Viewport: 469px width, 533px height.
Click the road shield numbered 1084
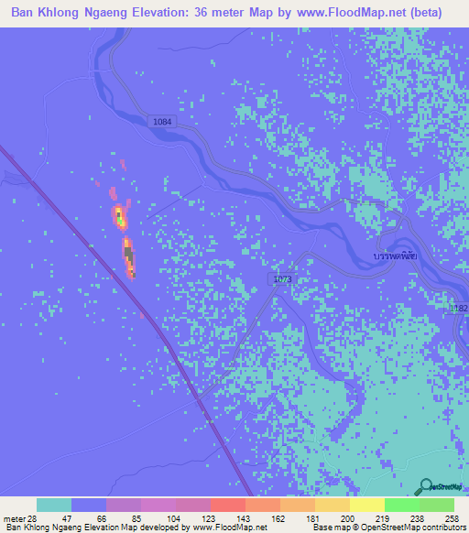coord(161,121)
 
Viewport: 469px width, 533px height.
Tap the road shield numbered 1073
coord(281,277)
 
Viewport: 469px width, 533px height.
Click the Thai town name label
coord(389,257)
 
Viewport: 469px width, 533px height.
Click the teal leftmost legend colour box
coord(53,505)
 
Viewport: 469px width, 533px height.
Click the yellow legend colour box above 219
coord(366,505)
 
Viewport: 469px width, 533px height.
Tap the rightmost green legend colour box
coord(437,505)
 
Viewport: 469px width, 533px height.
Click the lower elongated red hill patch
coord(129,257)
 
